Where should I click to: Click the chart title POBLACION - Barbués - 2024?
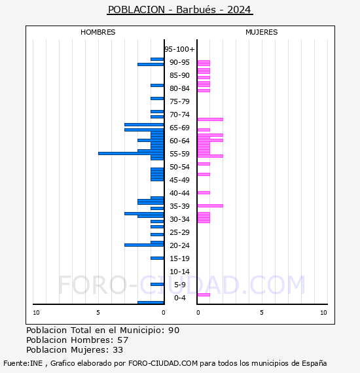(x=179, y=10)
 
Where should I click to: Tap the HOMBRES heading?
(x=98, y=32)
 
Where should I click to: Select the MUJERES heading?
(x=262, y=32)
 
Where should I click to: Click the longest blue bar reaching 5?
(x=131, y=153)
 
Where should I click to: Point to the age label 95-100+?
(x=179, y=49)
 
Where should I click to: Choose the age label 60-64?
(x=179, y=141)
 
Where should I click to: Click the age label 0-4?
(x=179, y=298)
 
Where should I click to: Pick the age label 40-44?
(x=179, y=193)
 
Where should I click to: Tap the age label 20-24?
(x=179, y=245)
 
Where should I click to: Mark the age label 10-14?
(x=179, y=272)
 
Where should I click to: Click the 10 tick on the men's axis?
(x=36, y=313)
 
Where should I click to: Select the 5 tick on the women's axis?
(x=262, y=313)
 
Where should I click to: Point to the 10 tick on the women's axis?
(x=323, y=313)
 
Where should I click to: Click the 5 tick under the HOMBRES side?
(x=98, y=313)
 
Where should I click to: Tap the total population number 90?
(x=174, y=330)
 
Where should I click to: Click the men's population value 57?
(x=123, y=340)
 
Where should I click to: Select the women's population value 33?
(x=118, y=350)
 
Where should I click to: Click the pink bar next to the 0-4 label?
(x=204, y=294)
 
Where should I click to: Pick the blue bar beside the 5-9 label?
(x=157, y=284)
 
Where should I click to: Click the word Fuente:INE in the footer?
(x=23, y=363)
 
